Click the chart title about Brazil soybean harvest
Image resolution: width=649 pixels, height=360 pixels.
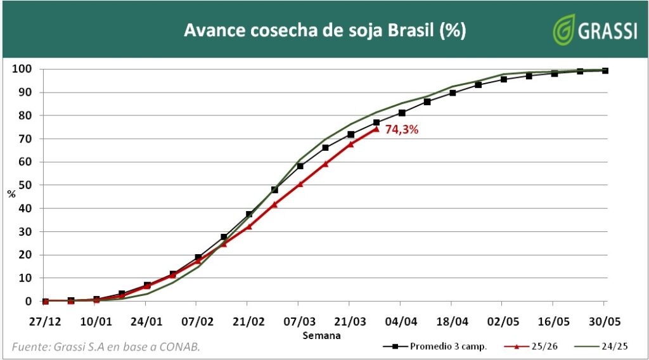(324, 30)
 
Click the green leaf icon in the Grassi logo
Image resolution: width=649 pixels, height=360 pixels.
(563, 29)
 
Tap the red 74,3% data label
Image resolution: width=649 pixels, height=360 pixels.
(402, 130)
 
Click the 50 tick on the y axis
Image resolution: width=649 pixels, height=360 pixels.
(26, 185)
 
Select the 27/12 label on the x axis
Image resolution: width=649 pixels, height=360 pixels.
(45, 321)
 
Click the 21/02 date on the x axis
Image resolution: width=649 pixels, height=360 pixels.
(248, 321)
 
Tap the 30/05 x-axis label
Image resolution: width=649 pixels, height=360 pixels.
(605, 321)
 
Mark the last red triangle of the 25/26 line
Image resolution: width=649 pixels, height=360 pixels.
(376, 129)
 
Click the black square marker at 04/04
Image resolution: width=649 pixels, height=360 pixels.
(402, 113)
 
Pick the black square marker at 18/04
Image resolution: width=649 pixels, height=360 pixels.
(453, 93)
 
